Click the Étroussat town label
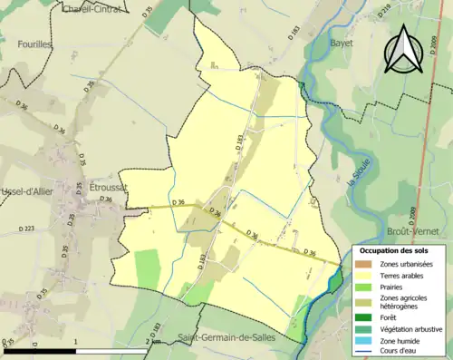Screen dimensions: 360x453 click(x=109, y=186)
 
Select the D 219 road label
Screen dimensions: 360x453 click(x=359, y=12)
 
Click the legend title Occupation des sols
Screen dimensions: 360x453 click(x=394, y=250)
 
